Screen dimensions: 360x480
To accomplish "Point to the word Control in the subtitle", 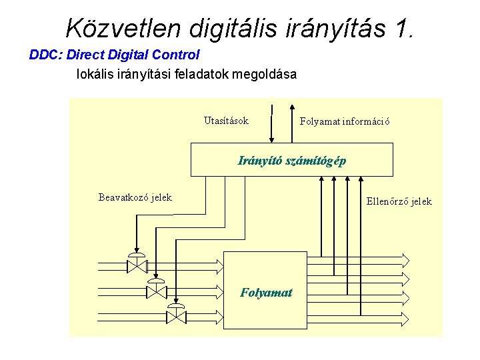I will point(176,55).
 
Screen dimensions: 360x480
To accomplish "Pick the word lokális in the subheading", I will point(97,74).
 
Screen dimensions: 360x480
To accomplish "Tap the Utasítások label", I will point(226,121).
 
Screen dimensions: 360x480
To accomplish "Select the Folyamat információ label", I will point(345,121).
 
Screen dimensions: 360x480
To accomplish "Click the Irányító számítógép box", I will point(292,160).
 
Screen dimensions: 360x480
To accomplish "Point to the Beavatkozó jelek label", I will point(135,197).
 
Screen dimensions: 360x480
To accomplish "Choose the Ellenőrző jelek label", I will point(399,201).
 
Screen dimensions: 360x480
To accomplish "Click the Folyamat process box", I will point(265,292).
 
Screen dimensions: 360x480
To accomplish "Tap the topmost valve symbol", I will point(137,265).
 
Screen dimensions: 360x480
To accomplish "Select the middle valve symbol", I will point(156,290).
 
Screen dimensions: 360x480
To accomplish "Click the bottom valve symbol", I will point(176,315).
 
